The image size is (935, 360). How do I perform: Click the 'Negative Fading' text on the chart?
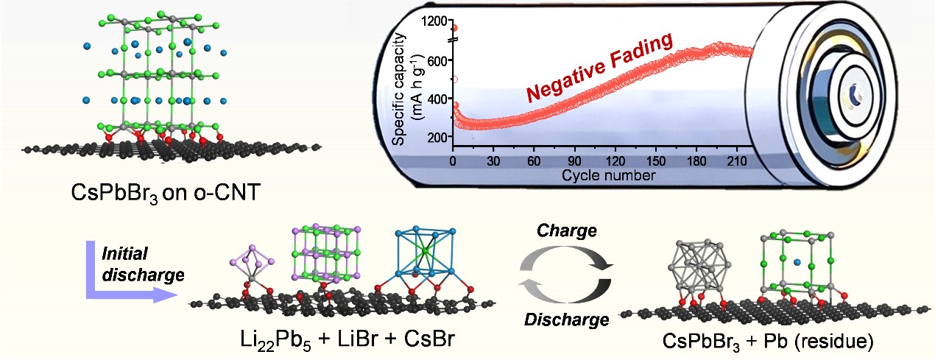[601, 71]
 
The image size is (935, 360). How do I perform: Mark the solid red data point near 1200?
[454, 28]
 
